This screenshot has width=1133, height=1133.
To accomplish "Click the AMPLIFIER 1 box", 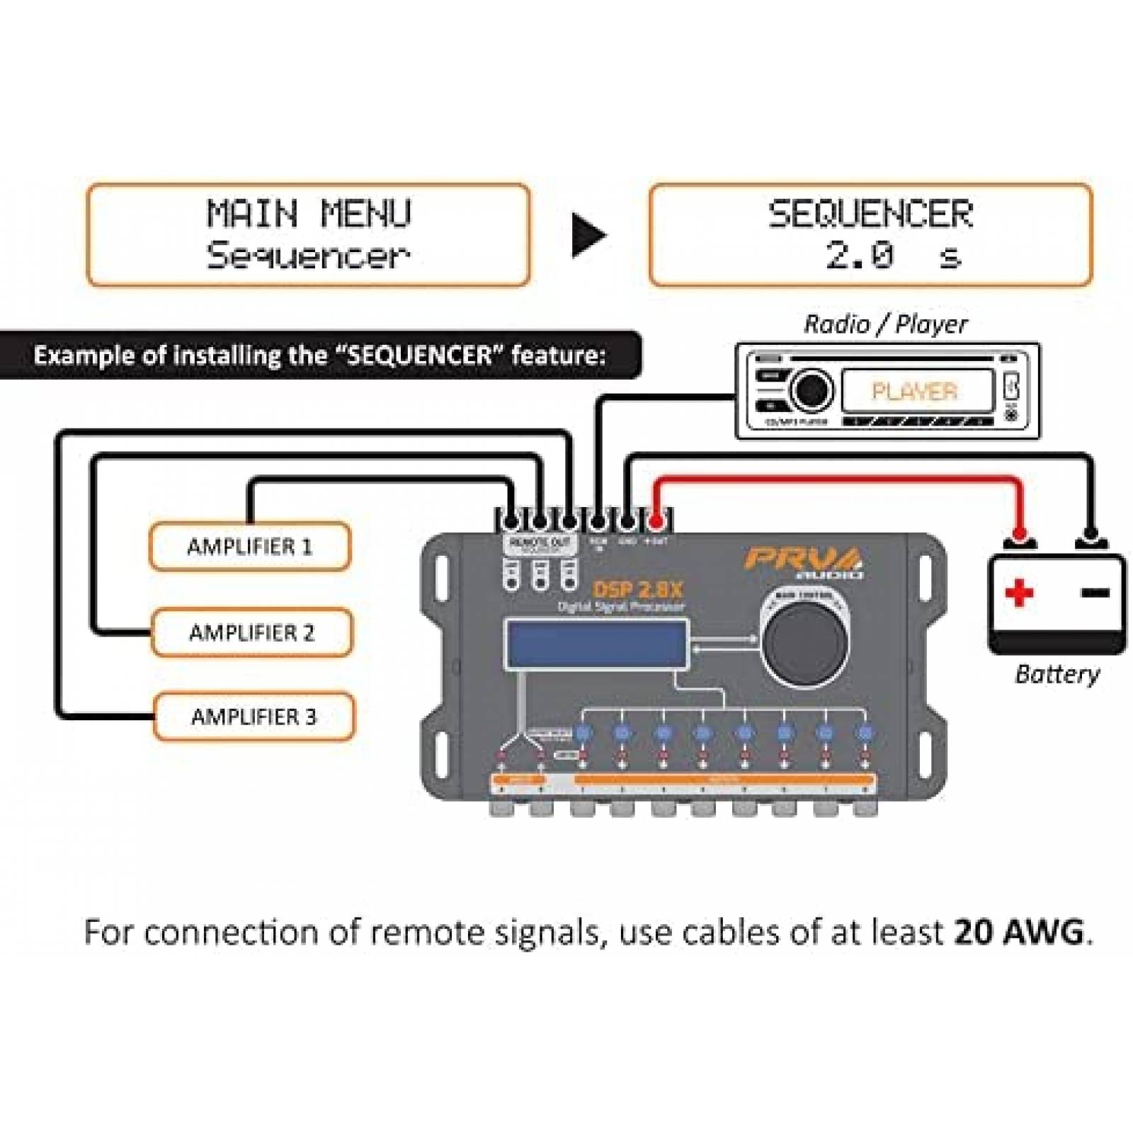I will coord(249,546).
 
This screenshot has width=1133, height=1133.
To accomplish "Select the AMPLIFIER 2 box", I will coord(251,632).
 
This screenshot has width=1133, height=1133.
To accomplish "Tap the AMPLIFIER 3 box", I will coord(254,716).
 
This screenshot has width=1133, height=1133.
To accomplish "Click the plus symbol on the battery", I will coord(1019,592).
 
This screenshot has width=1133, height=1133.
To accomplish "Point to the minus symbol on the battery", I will coord(1095,592).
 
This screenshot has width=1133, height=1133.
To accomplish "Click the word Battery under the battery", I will coord(1057,673).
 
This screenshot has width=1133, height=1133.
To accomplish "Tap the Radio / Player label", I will coord(885,324).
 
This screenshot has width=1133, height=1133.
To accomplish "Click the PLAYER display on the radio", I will coord(915,391).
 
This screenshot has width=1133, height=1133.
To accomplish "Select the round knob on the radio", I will coord(811,389).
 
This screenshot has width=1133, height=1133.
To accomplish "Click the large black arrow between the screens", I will coord(588,235).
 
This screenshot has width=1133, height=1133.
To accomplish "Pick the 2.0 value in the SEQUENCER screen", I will coord(860,255).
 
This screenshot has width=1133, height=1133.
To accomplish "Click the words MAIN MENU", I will coord(309,213).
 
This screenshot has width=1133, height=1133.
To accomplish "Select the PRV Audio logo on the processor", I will coord(804,562).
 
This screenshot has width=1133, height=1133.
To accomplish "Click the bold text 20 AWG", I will coord(1019,932).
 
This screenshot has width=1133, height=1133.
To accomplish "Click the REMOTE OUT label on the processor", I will coord(540,542).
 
